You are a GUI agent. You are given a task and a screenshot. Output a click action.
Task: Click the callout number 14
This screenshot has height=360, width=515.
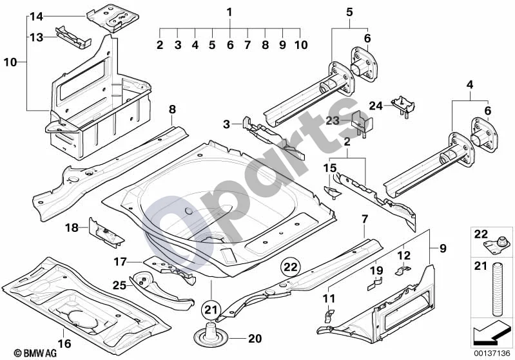(37, 16)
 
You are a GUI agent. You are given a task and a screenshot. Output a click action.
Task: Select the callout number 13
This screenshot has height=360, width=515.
(37, 37)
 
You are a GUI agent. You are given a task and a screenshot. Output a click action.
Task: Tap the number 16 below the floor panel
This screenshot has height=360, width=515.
(64, 343)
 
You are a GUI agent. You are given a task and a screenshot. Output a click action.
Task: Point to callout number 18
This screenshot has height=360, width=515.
(72, 227)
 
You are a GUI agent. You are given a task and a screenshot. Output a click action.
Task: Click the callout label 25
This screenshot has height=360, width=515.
(119, 285)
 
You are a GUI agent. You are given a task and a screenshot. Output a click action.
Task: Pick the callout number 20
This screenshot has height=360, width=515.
(255, 338)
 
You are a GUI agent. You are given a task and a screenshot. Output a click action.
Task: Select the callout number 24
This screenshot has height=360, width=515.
(376, 106)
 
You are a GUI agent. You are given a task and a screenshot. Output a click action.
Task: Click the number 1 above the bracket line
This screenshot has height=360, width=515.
(229, 12)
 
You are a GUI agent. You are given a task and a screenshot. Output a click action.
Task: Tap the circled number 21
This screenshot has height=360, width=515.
(211, 309)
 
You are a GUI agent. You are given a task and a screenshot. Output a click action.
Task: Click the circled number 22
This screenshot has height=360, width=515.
(290, 267)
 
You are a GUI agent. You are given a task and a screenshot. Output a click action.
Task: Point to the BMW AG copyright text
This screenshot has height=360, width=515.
(35, 353)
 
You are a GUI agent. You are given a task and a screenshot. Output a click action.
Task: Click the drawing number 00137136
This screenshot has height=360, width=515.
(492, 354)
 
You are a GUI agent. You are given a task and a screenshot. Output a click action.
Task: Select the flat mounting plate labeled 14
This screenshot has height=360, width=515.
(113, 18)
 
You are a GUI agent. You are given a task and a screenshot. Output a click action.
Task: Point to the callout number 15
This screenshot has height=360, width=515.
(330, 168)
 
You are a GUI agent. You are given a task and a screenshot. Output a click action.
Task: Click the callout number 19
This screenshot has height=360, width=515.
(376, 270)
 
